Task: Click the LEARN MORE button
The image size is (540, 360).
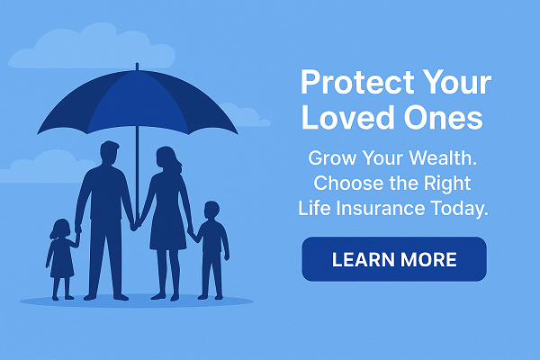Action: tap(393, 260)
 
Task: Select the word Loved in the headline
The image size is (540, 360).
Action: tap(344, 118)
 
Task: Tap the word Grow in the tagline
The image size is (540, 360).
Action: tap(332, 158)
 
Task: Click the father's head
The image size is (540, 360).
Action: tap(109, 152)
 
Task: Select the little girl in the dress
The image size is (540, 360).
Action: tap(62, 256)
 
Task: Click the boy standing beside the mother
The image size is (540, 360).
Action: tap(211, 247)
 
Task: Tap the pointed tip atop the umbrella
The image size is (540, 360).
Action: tap(137, 67)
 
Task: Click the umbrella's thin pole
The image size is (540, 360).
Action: tap(137, 153)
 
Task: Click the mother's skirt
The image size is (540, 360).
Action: tap(167, 229)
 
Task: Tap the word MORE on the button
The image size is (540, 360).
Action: tap(428, 261)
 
